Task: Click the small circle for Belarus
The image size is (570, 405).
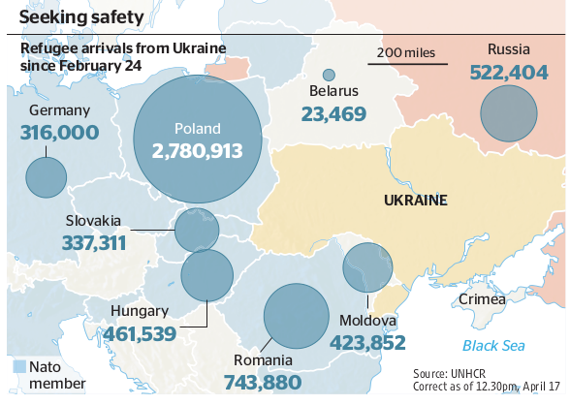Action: point(329,75)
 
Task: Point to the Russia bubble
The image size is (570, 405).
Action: point(509,112)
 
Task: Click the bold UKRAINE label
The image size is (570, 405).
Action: point(414,201)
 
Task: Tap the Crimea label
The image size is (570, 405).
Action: point(483,299)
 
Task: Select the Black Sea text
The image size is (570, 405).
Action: point(493,345)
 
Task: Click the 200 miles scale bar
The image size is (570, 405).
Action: point(407,64)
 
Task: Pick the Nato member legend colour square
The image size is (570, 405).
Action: point(20,366)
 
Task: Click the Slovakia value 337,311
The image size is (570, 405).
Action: point(94,242)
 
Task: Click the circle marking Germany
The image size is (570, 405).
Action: point(46,176)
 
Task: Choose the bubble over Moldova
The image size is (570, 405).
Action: point(367,267)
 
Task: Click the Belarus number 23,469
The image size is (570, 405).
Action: point(333,114)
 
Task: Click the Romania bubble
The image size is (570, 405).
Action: point(298,316)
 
